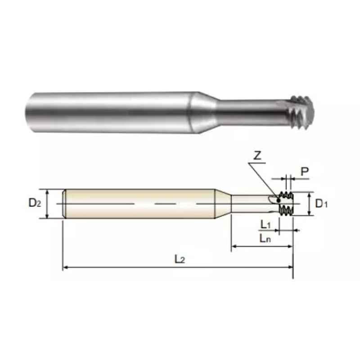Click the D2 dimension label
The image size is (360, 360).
point(35,202)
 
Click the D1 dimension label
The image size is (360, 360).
point(321,203)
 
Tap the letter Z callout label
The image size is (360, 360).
point(257,156)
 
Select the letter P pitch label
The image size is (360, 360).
point(305,171)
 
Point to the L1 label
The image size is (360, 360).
point(265,224)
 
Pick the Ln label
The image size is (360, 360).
point(265,238)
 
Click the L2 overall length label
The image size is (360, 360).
point(180,259)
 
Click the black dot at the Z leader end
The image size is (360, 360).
point(279,201)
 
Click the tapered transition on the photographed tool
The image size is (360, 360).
point(203,112)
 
